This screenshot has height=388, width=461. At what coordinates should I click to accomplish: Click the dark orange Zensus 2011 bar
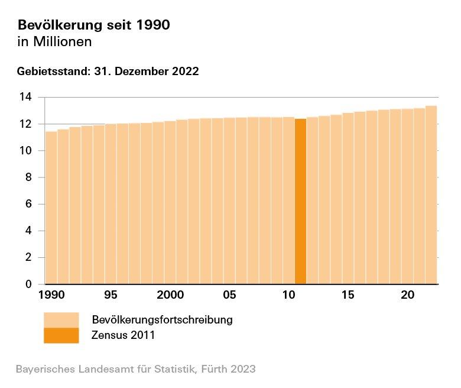[x=300, y=201]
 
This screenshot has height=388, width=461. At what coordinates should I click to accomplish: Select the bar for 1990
[x=51, y=207]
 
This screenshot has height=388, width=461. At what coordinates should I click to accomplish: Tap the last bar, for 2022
[x=431, y=195]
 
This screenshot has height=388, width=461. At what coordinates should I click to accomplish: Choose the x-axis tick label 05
[x=230, y=295]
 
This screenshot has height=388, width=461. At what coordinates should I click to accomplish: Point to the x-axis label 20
[x=407, y=295]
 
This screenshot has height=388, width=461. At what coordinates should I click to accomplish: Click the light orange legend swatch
[x=61, y=319]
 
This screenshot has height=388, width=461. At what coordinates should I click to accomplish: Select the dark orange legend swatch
[x=61, y=335]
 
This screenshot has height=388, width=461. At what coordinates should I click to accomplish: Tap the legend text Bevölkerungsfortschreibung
[x=162, y=320]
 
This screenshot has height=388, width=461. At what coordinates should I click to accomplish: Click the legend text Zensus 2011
[x=123, y=335]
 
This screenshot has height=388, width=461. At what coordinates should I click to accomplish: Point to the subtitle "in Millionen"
[x=55, y=42]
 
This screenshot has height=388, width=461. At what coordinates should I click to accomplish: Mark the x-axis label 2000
[x=170, y=295]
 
